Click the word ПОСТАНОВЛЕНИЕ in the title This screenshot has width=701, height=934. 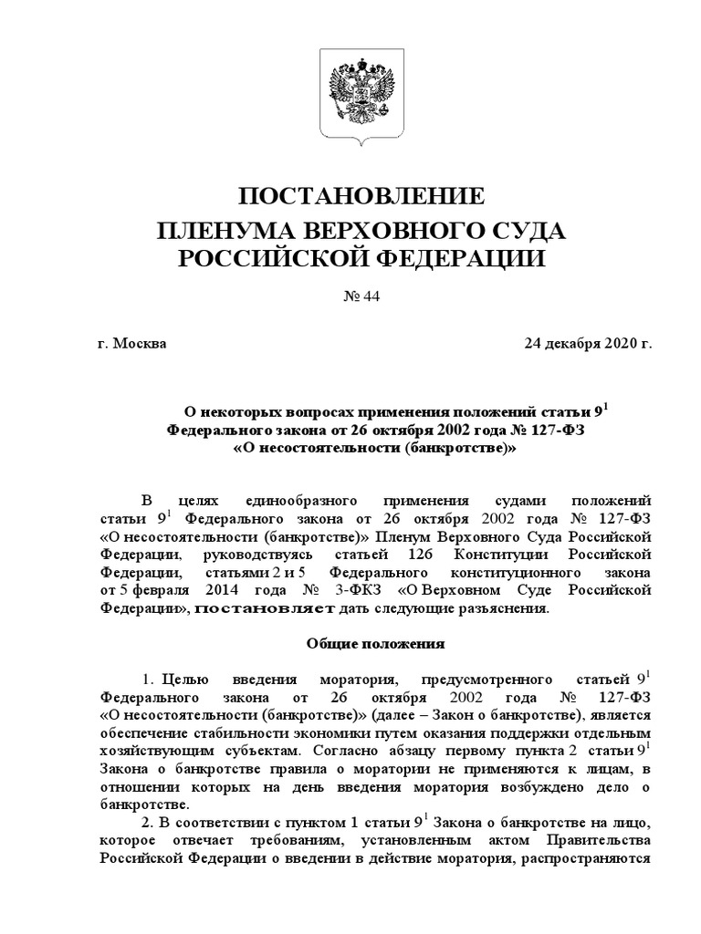point(360,197)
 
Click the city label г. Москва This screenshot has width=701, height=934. point(131,345)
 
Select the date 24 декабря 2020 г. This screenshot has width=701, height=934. point(589,345)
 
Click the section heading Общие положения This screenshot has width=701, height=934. point(373,643)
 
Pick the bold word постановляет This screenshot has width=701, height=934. point(267,608)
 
